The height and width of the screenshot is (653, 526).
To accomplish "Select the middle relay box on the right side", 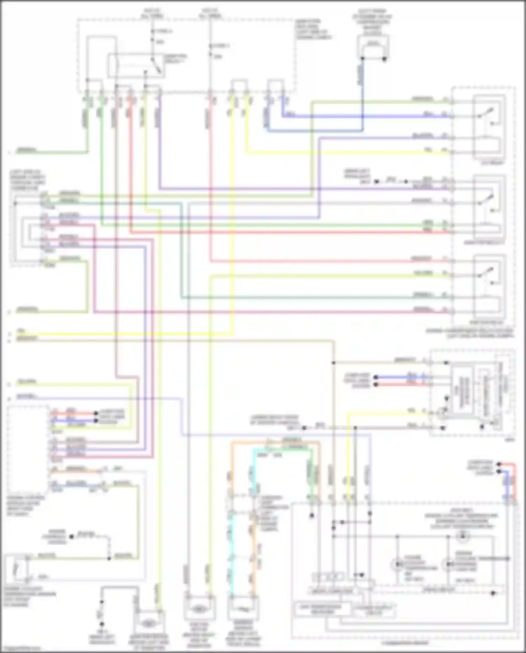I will [490, 207].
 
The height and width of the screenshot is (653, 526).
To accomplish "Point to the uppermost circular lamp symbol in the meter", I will [463, 535].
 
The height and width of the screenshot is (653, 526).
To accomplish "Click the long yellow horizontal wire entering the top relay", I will [347, 153].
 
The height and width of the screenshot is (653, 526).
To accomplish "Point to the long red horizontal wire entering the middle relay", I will [288, 233].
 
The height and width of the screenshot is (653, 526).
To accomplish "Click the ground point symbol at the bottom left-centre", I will [102, 624].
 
